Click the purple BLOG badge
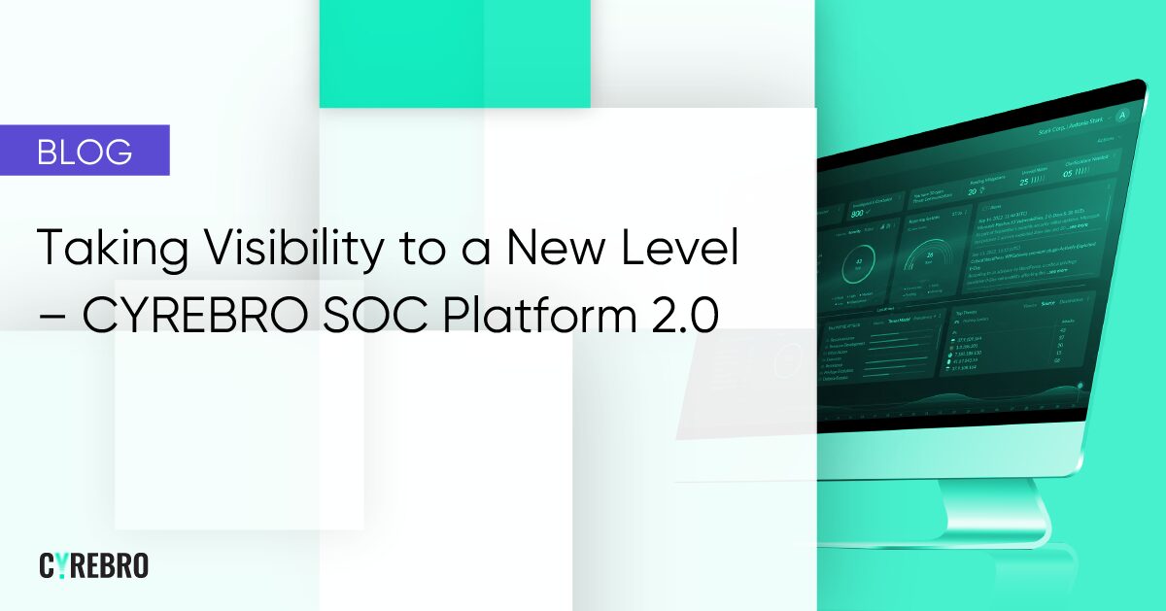pyautogui.click(x=85, y=151)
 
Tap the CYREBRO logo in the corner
pyautogui.click(x=93, y=565)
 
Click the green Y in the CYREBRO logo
pyautogui.click(x=61, y=565)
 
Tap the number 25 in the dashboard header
pyautogui.click(x=1023, y=181)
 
